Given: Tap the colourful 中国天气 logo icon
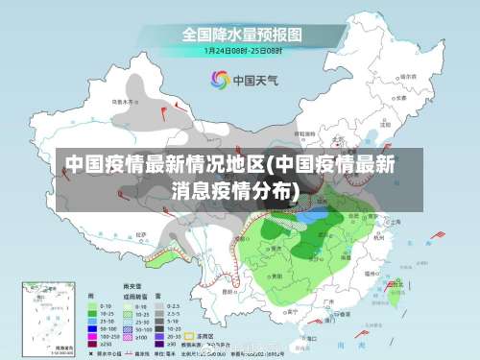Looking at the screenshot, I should [x=220, y=80].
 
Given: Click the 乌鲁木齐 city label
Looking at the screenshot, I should [x=126, y=101].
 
